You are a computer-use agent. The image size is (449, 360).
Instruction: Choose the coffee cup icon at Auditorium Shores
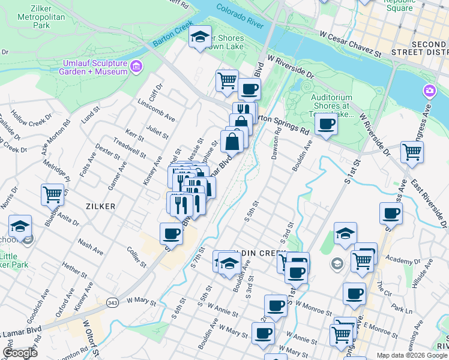tap(326, 124)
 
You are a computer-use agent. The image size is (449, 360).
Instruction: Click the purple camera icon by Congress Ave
tap(429, 91)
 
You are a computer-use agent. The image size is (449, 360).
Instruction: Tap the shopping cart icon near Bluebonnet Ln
tap(53, 194)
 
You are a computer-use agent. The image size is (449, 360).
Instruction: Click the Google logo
tap(20, 353)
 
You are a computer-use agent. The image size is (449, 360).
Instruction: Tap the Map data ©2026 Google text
tap(412, 355)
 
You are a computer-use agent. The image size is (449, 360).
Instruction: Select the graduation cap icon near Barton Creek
tap(200, 37)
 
